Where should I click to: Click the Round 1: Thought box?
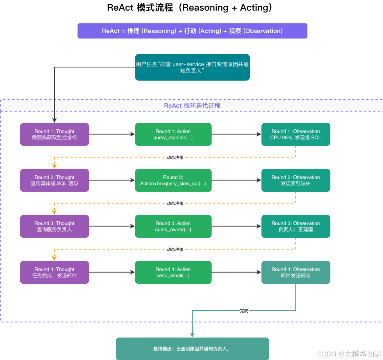pos(55,134)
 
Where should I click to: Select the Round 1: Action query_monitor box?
pos(173,134)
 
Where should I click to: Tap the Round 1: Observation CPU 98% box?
pos(296,134)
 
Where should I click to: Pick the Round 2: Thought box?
pos(55,180)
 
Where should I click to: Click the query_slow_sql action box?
pos(173,180)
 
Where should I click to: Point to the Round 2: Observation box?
pos(296,180)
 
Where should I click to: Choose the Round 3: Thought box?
pos(55,226)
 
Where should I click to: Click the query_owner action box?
pos(173,226)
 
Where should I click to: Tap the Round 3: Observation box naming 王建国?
pos(296,226)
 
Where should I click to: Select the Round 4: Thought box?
pos(55,272)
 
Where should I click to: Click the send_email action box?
pos(173,272)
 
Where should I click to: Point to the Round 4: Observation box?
pos(296,272)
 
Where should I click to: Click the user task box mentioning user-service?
pos(192,67)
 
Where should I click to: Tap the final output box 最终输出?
pos(192,349)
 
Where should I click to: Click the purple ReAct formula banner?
pos(192,31)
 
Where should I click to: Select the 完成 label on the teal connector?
pos(244,310)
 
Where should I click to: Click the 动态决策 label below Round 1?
pos(175,158)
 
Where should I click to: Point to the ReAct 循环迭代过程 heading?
pos(192,106)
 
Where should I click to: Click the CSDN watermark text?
pos(349,354)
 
